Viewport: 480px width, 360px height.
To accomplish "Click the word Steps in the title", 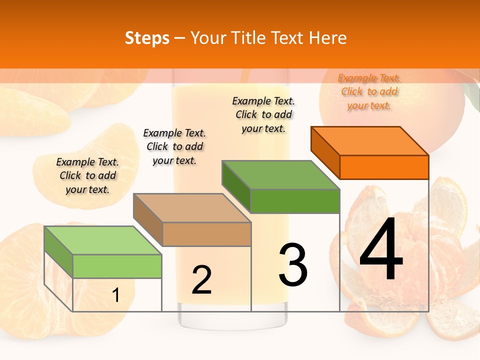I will (x=147, y=38).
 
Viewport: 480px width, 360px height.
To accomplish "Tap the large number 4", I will (x=381, y=250).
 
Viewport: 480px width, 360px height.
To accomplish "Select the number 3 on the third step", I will (x=293, y=264).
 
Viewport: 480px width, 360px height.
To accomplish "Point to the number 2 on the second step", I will (x=201, y=280).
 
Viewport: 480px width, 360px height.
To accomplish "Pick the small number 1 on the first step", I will (x=116, y=295).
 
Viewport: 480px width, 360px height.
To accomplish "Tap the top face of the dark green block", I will (x=281, y=175).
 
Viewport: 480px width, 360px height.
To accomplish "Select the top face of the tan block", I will (x=192, y=208).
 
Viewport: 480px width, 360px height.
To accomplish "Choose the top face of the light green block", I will (x=103, y=240).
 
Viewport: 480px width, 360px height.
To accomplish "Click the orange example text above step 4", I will (x=369, y=91).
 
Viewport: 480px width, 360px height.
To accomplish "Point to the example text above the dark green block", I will (x=263, y=114).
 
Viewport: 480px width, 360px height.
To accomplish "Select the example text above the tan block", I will (x=174, y=146).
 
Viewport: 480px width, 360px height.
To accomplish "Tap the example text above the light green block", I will (x=87, y=175).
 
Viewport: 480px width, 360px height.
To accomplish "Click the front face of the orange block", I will (x=384, y=167).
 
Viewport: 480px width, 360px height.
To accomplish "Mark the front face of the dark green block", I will (x=295, y=201).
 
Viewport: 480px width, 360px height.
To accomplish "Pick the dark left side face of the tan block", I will (x=148, y=220).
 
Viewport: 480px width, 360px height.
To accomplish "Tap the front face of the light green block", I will (x=117, y=266).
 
